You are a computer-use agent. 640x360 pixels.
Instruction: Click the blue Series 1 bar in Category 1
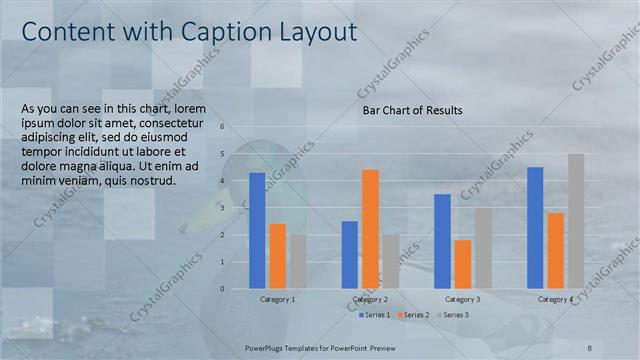click(x=257, y=230)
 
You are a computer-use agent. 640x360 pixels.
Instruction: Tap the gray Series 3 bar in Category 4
click(x=576, y=221)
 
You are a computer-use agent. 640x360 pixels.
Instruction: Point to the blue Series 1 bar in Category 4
click(x=535, y=227)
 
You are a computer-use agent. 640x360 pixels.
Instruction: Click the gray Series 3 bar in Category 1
click(x=298, y=261)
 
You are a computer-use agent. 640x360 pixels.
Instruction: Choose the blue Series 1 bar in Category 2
click(x=350, y=254)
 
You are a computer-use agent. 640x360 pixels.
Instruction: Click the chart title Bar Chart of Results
click(x=412, y=110)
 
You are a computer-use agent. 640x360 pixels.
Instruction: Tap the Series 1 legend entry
click(x=374, y=315)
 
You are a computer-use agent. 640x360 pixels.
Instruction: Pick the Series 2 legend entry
click(x=414, y=315)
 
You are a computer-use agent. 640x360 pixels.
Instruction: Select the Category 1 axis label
click(x=277, y=299)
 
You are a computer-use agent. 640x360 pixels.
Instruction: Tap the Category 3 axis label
click(x=463, y=299)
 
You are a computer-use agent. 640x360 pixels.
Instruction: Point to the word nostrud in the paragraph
click(x=152, y=181)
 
